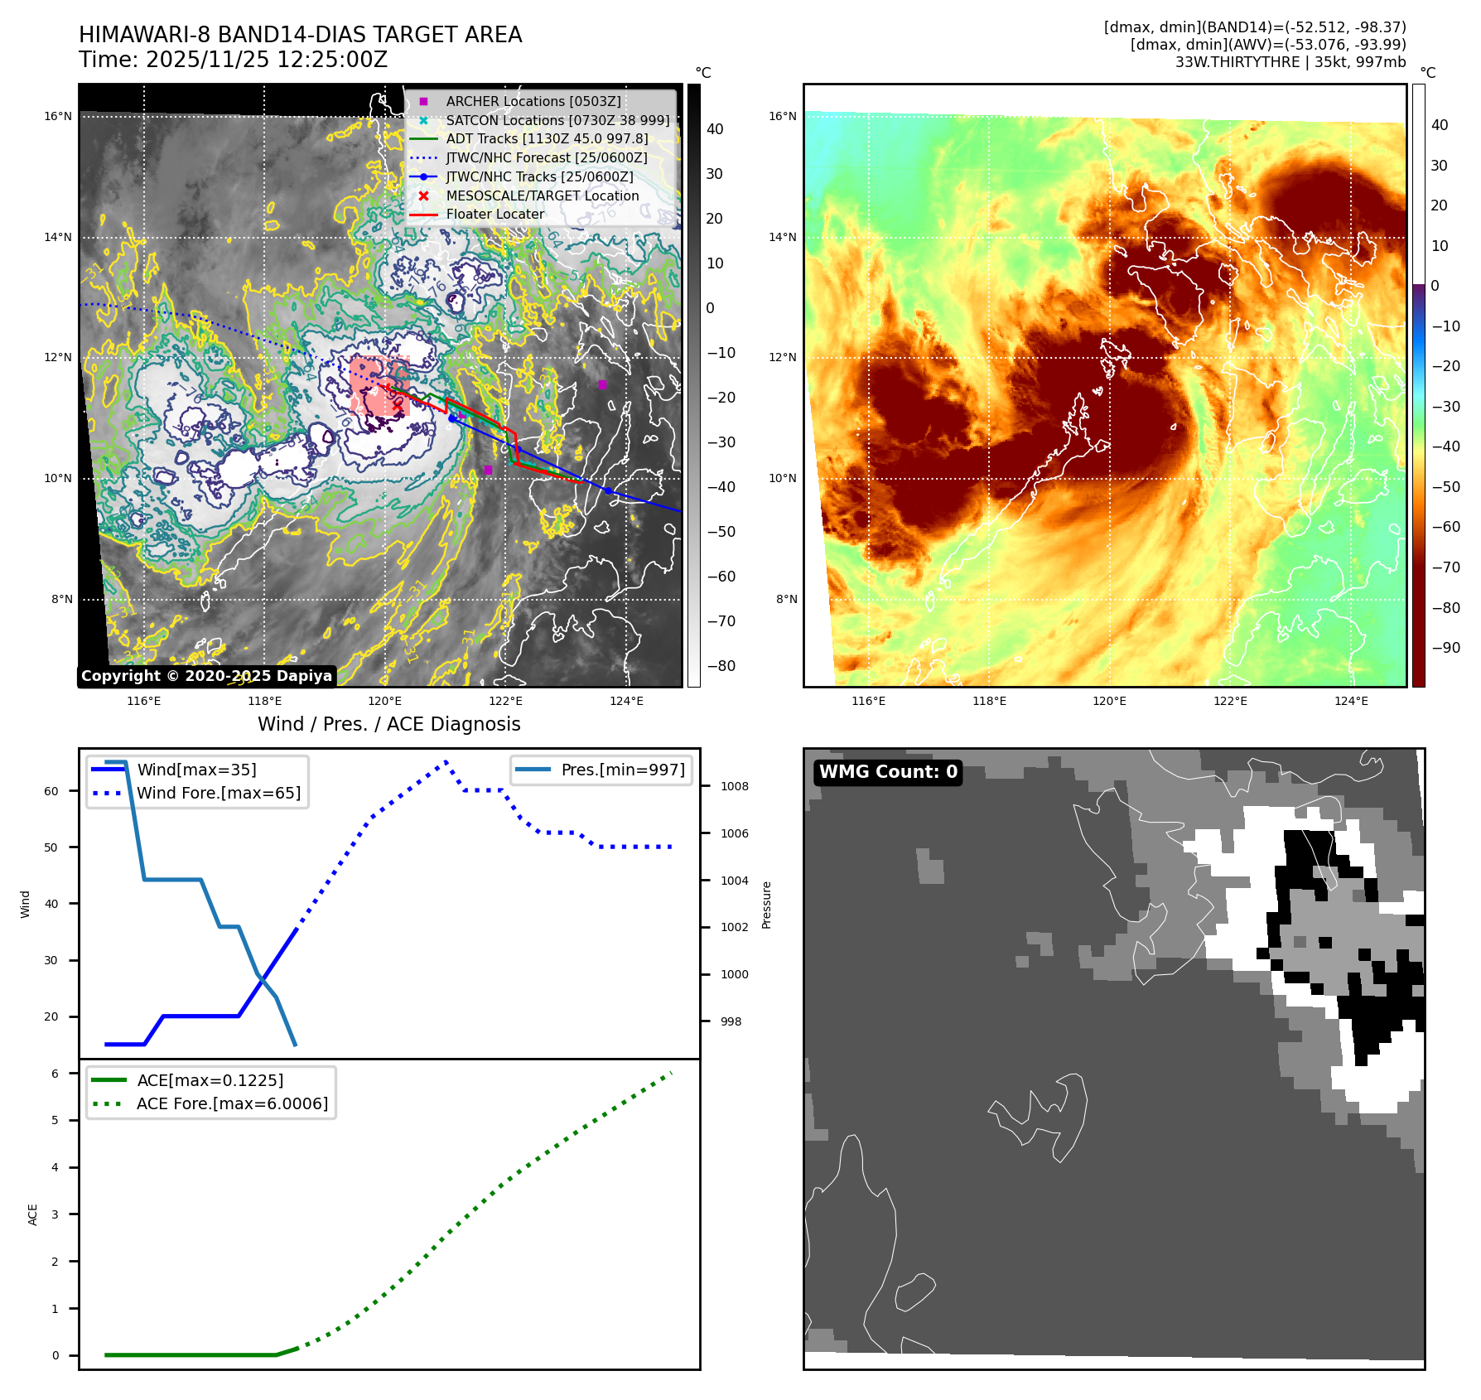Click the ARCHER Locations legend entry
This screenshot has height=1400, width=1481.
point(533,101)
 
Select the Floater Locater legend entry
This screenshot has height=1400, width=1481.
point(494,215)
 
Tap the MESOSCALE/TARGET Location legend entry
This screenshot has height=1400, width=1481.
point(542,196)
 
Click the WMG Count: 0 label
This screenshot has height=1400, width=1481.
point(887,772)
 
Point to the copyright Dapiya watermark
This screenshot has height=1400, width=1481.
point(206,676)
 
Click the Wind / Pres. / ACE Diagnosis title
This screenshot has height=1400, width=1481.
point(388,724)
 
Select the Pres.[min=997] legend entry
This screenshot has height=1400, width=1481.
point(622,770)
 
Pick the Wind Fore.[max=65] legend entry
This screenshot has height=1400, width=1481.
point(218,793)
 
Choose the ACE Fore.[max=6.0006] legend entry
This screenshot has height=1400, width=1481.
point(232,1103)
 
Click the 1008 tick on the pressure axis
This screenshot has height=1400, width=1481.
point(734,786)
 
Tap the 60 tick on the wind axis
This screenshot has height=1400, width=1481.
point(51,791)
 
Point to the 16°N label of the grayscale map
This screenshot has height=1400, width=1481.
point(58,117)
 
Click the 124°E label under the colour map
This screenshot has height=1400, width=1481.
point(1351,701)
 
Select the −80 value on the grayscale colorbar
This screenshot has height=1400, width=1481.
point(721,666)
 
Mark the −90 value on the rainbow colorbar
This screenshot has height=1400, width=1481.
point(1445,648)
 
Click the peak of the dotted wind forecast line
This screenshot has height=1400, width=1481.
point(446,760)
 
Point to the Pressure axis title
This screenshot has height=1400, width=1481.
point(766,905)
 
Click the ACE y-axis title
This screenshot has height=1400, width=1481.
point(33,1214)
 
